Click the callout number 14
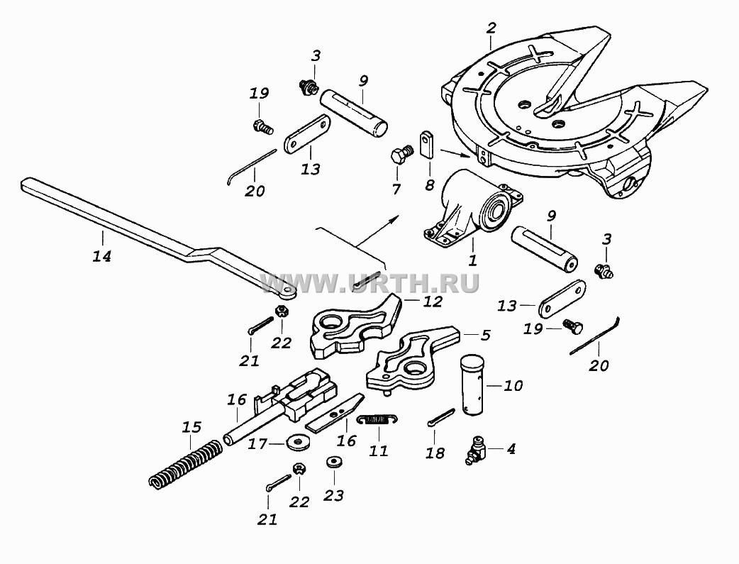click(x=102, y=256)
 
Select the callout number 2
click(x=491, y=28)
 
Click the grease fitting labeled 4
click(x=475, y=451)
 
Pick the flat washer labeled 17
click(x=298, y=443)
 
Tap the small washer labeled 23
click(x=334, y=461)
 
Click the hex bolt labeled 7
click(x=401, y=154)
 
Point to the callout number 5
click(x=485, y=335)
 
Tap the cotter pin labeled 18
click(x=441, y=418)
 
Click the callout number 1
click(x=472, y=260)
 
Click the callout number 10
click(x=513, y=386)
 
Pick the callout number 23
click(x=333, y=496)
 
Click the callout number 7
click(x=396, y=189)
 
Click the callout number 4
click(x=511, y=448)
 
